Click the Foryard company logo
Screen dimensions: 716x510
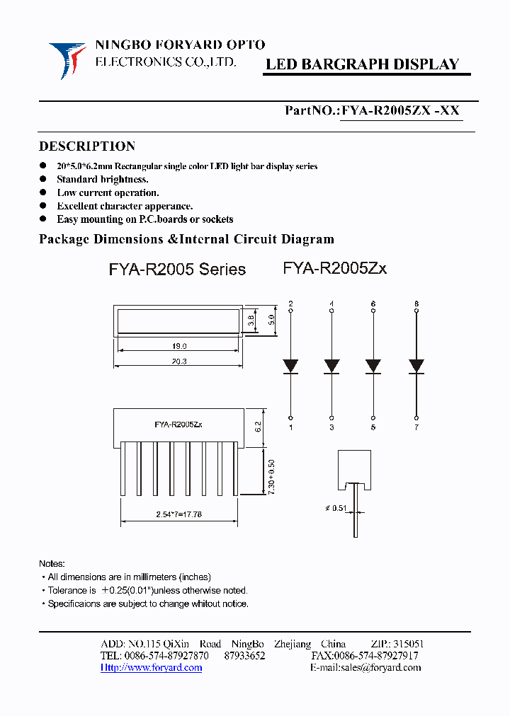[x=67, y=59]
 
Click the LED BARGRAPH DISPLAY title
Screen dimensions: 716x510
[x=362, y=64]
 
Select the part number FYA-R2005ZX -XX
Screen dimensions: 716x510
[x=400, y=110]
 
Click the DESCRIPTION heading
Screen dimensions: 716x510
[x=86, y=146]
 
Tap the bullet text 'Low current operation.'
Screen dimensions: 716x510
[x=108, y=192]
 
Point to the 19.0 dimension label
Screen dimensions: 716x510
[x=178, y=347]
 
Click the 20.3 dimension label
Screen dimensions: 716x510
[x=178, y=362]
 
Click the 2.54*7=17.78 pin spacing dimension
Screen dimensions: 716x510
[x=178, y=514]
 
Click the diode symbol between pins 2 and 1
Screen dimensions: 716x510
[x=290, y=366]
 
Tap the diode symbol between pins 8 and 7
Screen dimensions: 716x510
[x=416, y=366]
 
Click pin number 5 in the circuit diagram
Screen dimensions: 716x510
[x=373, y=427]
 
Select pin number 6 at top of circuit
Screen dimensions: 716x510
[x=373, y=304]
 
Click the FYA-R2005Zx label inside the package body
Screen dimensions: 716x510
[x=178, y=425]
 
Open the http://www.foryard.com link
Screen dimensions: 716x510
[x=151, y=667]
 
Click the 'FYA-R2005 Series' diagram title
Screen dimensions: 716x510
[x=177, y=270]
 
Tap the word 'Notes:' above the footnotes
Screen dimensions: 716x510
[x=52, y=564]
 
